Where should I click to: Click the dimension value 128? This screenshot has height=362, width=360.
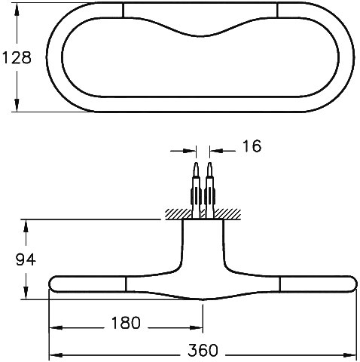(17, 57)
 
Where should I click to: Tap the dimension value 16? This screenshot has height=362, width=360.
(252, 146)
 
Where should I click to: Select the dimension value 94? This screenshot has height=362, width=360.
(26, 259)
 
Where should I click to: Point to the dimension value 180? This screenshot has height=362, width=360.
(126, 323)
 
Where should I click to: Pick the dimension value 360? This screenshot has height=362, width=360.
(203, 350)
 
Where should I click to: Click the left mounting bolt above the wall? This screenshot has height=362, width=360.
(196, 190)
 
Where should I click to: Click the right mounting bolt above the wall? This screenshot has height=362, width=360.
(210, 190)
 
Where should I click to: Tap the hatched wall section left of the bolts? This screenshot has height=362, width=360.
(178, 214)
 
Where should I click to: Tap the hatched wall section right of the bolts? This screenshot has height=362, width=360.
(227, 214)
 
